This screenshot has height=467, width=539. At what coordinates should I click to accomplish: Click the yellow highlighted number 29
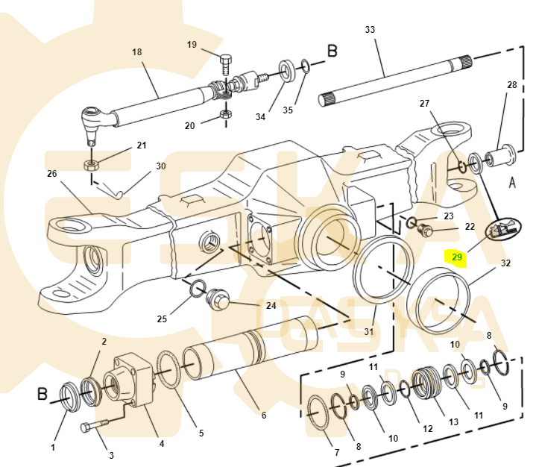click(457, 257)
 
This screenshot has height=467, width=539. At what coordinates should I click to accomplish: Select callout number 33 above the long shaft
click(370, 30)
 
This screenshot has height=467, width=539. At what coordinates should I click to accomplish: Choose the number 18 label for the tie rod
click(136, 52)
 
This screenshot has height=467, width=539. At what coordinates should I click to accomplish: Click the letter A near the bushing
click(512, 181)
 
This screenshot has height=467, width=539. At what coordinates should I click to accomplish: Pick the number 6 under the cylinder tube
click(263, 415)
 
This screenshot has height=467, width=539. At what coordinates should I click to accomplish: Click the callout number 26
click(51, 174)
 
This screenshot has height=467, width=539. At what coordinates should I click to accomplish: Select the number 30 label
click(160, 166)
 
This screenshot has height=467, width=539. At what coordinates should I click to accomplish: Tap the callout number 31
click(369, 332)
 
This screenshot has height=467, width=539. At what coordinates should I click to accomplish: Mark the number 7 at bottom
click(335, 453)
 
